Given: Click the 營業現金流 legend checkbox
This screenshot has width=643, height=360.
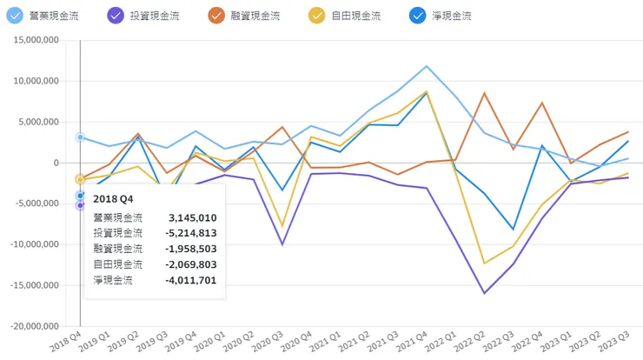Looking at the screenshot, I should [x=15, y=16].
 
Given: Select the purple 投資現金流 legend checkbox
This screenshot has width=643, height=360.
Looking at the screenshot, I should [x=116, y=16].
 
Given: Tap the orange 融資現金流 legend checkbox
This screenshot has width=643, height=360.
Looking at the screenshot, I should [x=217, y=16].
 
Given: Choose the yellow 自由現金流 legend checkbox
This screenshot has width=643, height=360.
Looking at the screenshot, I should [x=319, y=16].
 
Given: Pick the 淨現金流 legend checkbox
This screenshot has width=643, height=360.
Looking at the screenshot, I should [x=420, y=16].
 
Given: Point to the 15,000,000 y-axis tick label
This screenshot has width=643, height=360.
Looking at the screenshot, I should [x=35, y=40].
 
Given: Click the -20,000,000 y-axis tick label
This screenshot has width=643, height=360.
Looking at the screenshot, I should [x=33, y=326].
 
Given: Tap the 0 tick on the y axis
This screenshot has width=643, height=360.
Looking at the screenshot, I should [x=56, y=163].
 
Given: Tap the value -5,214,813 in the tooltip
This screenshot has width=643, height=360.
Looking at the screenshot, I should [x=190, y=233].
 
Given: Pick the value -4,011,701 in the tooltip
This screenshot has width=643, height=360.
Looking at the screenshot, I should [x=190, y=280].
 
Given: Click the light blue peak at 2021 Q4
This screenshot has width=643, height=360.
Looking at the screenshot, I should [x=427, y=66].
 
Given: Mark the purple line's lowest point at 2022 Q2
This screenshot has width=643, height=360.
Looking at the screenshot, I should [x=484, y=293].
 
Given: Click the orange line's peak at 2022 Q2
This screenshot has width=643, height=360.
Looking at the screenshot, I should [x=484, y=93].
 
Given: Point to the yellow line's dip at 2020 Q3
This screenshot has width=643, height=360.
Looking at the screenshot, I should [x=282, y=226].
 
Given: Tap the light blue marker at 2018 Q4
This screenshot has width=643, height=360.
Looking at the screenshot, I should [x=80, y=137].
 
